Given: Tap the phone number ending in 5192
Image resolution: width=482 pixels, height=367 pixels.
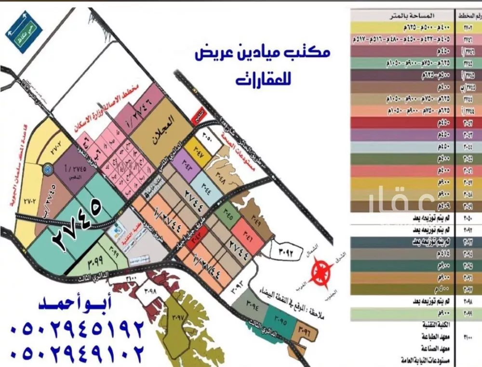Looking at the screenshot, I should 77,329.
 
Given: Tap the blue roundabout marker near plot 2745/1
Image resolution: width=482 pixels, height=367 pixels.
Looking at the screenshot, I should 48,169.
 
